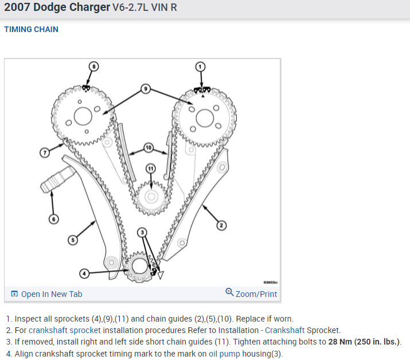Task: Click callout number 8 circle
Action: tap(94, 66)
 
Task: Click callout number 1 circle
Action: tap(200, 66)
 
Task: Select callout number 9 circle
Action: tap(146, 89)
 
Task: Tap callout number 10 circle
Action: tap(148, 148)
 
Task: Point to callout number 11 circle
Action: tap(150, 168)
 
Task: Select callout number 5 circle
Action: tap(72, 240)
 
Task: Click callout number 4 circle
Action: tap(84, 273)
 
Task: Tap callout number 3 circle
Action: tap(142, 232)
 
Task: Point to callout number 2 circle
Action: tap(221, 225)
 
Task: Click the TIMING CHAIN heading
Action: tap(31, 29)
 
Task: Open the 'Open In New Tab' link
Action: tap(51, 294)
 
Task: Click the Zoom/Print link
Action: tap(256, 294)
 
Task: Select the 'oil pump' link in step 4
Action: tap(224, 353)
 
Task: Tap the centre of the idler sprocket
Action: tap(151, 197)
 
